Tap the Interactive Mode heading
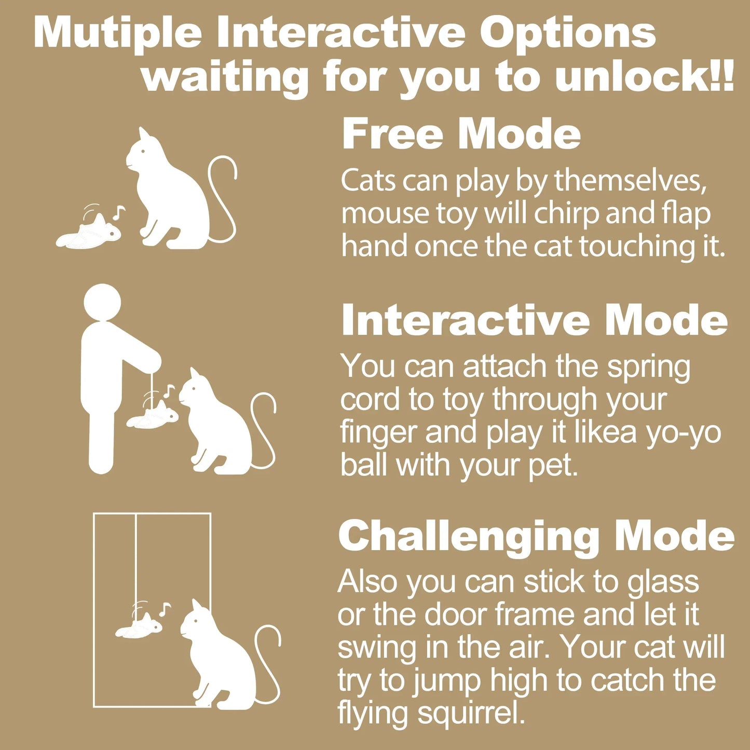(x=535, y=320)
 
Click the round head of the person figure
(x=102, y=303)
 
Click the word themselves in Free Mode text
(x=631, y=181)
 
